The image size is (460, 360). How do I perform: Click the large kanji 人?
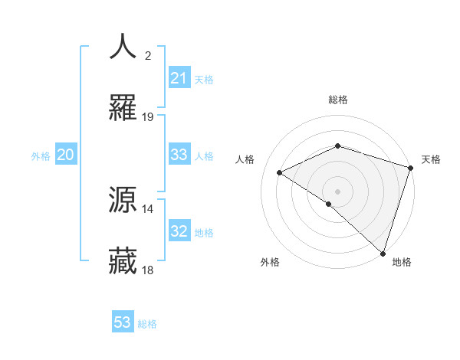(x=123, y=47)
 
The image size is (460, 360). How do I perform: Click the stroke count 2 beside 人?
(x=148, y=56)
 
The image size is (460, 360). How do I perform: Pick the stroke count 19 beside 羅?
(x=148, y=117)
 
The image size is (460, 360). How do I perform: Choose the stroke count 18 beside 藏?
(x=148, y=270)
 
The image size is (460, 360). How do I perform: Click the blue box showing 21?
(x=179, y=78)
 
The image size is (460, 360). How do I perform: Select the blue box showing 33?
(x=179, y=155)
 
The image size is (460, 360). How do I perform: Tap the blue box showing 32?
(x=179, y=231)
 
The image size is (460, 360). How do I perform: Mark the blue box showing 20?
(x=66, y=155)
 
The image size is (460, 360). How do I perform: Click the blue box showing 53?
(x=123, y=322)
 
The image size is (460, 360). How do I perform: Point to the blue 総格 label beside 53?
(x=148, y=324)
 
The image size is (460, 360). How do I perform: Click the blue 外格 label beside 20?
(x=41, y=156)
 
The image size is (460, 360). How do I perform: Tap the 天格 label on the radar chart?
(x=432, y=159)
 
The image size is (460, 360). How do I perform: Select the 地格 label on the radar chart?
(x=402, y=262)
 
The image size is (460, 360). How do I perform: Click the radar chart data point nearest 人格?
(x=280, y=173)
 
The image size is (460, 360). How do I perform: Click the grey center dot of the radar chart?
(x=337, y=191)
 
